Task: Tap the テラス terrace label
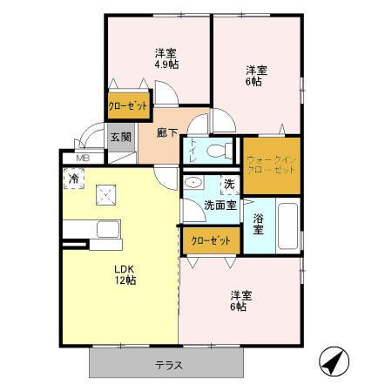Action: coord(169,365)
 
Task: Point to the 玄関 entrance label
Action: coord(120,137)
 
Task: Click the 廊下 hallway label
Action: coord(167,133)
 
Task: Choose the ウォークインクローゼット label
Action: coord(272,165)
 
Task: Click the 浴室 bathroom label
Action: coord(259,224)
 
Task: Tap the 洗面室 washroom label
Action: coord(220,206)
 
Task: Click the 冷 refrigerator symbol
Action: coord(74,179)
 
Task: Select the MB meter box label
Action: coord(83,158)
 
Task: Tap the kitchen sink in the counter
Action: coord(108,229)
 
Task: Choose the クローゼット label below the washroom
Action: coord(211,239)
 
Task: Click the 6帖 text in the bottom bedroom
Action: coord(238,307)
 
